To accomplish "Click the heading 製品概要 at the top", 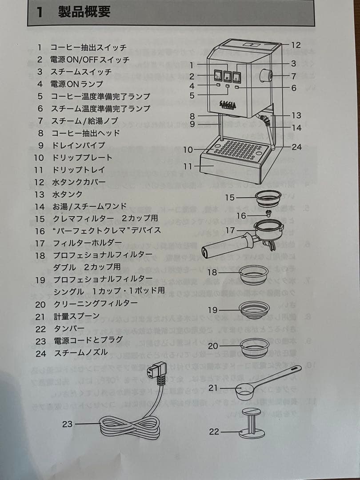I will click(x=84, y=12).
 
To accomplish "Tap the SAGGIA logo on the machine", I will click(x=228, y=105).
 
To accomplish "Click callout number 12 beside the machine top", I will click(x=296, y=45).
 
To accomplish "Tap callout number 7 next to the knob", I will click(x=294, y=76).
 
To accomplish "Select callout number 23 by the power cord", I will click(x=67, y=424).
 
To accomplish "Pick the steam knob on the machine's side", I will click(x=268, y=76).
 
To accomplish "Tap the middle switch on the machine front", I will click(x=227, y=76).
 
